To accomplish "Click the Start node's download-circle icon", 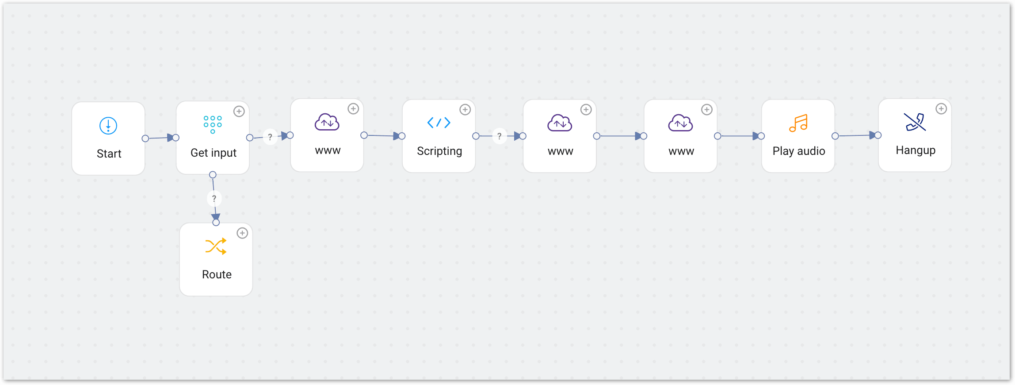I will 108,126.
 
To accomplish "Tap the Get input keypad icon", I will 213,124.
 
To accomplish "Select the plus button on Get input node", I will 239,112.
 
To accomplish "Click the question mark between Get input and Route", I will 214,198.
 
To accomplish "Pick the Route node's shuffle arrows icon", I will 216,246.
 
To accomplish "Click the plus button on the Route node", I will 242,233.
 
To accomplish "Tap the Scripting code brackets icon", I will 439,123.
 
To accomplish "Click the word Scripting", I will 439,151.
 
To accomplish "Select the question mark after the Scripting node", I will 500,136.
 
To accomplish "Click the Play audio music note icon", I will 798,123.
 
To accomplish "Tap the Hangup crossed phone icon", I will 915,122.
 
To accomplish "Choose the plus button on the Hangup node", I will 941,109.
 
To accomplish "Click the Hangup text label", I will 916,150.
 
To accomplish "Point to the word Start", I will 109,154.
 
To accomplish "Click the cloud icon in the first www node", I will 327,123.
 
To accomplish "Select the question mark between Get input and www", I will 270,137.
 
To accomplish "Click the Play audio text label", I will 799,151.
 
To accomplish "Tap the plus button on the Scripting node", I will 465,110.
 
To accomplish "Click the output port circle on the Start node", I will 145,139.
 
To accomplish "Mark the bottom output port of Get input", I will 213,175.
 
